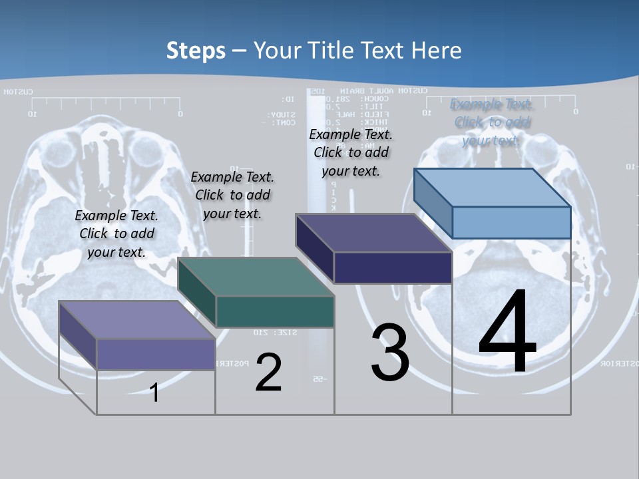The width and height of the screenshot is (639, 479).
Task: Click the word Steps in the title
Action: (x=196, y=51)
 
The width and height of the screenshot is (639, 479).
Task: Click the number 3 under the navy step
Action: (x=390, y=353)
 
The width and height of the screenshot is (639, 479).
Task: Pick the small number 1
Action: (x=154, y=393)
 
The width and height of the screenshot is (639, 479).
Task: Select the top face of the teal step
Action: (x=256, y=277)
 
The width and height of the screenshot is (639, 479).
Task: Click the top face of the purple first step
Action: (x=137, y=320)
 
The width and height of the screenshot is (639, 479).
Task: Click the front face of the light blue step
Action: (x=511, y=222)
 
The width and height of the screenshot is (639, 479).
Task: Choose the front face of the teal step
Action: (x=275, y=311)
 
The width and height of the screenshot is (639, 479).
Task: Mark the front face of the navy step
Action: (x=393, y=267)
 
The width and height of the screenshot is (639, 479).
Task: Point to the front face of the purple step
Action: (x=156, y=354)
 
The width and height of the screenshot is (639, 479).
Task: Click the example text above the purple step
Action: (x=117, y=234)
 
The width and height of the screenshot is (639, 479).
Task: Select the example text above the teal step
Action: (x=232, y=195)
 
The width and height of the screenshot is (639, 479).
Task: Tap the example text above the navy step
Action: (x=351, y=152)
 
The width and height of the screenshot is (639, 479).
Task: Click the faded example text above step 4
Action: (x=491, y=122)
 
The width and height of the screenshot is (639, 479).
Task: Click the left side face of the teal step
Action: (x=197, y=293)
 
